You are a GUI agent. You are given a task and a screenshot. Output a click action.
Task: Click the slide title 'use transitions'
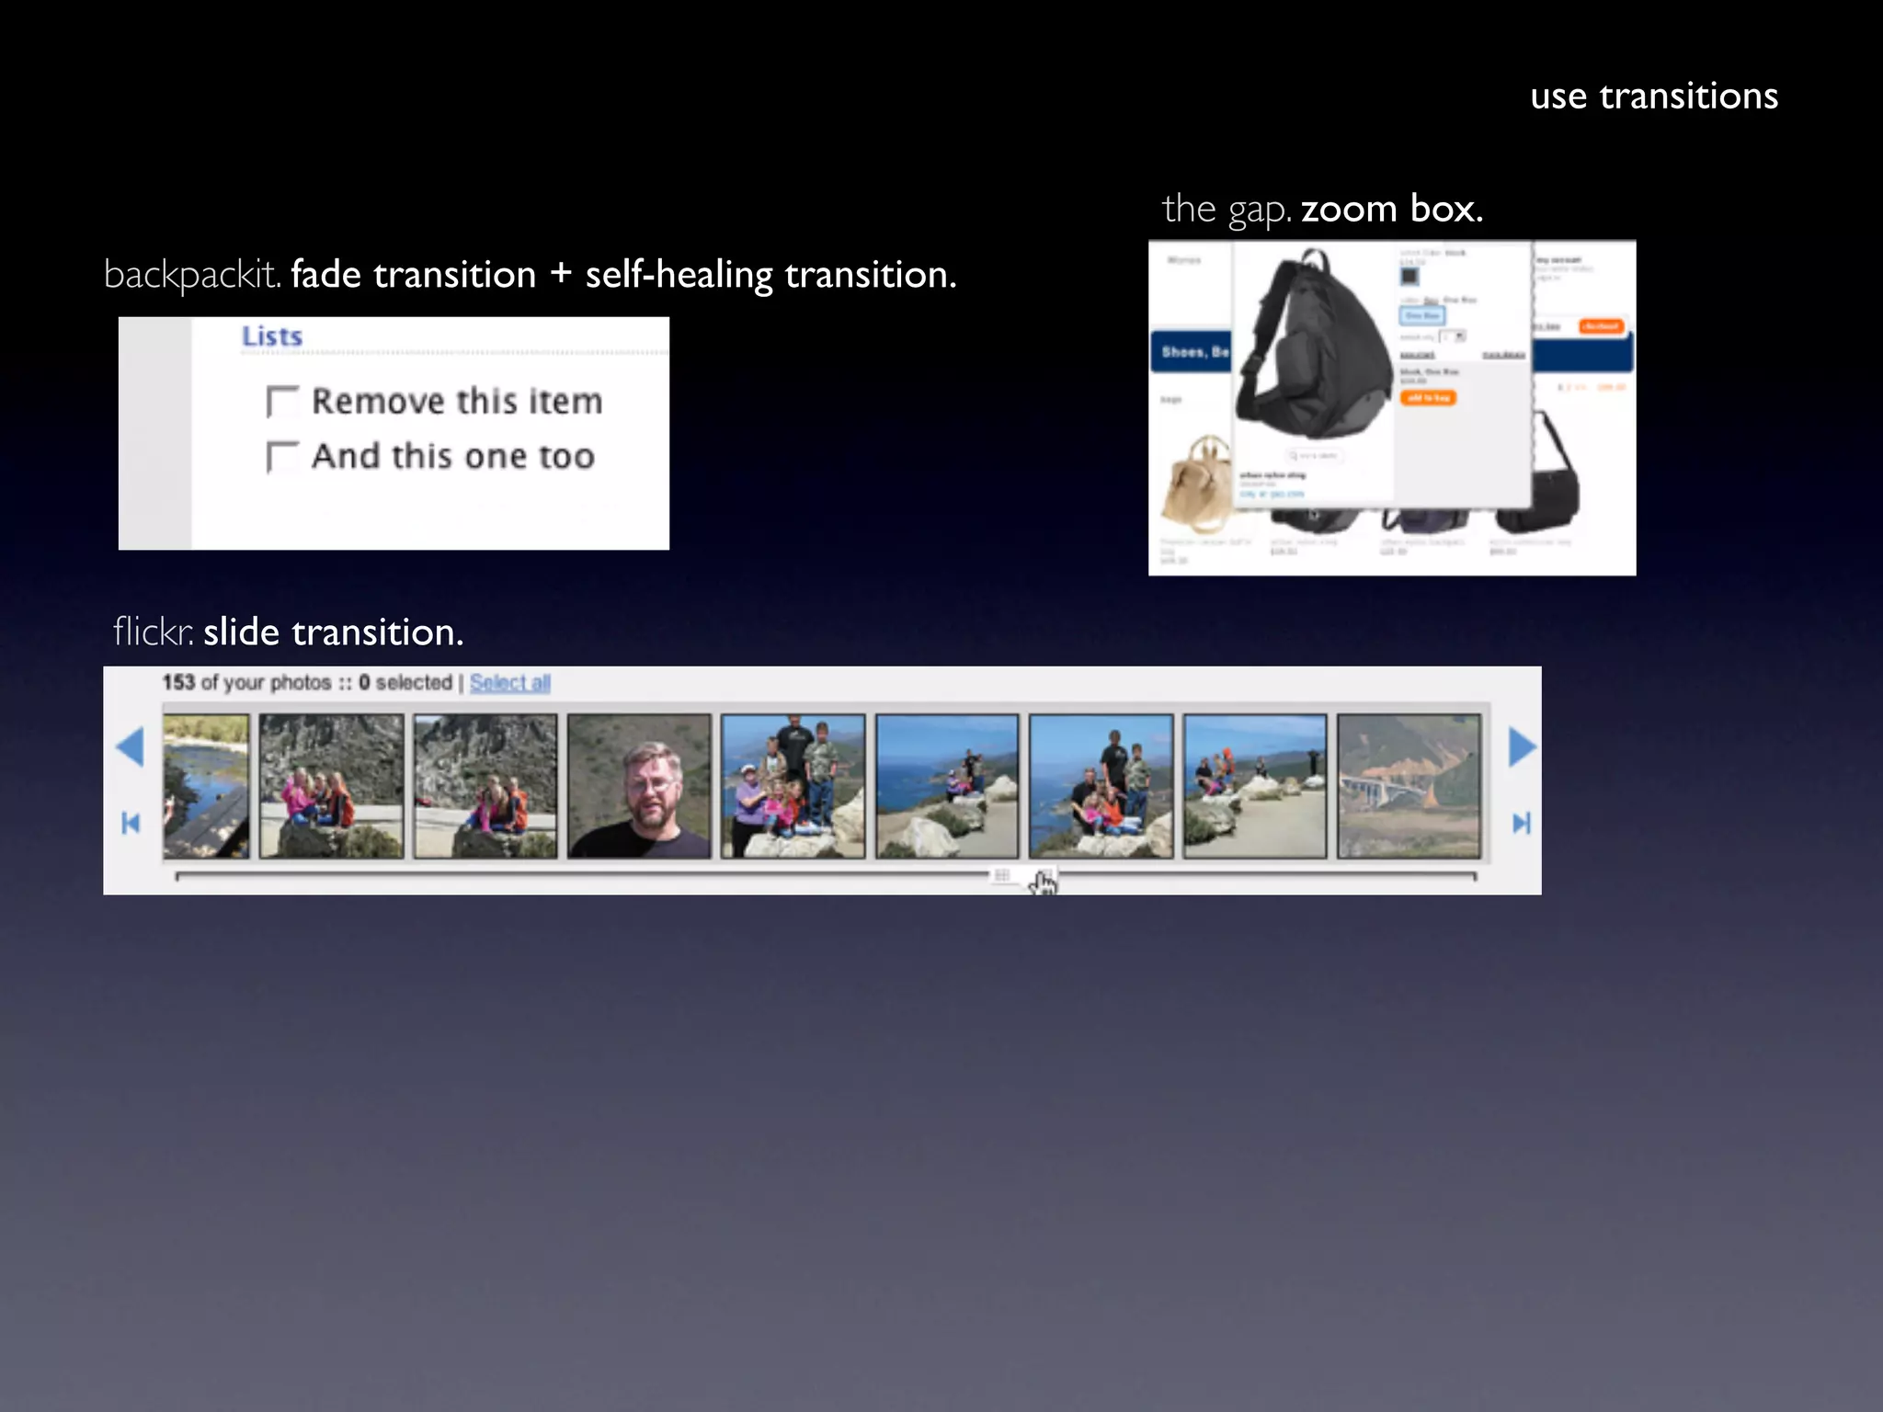click(x=1653, y=97)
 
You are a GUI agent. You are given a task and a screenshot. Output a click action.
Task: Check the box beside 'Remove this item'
click(x=281, y=402)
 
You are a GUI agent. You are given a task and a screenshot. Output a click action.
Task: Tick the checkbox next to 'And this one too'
click(x=281, y=457)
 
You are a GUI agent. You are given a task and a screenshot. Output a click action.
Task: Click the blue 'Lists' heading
click(x=272, y=336)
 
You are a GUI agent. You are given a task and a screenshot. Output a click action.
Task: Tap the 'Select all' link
click(x=509, y=683)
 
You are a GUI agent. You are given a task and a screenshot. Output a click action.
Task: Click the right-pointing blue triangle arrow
click(x=1522, y=746)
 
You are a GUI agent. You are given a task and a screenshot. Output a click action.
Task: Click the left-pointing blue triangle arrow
click(x=131, y=746)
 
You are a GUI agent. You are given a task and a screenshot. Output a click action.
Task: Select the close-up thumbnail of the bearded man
click(x=639, y=786)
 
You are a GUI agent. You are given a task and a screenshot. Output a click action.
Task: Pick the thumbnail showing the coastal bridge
click(x=1409, y=786)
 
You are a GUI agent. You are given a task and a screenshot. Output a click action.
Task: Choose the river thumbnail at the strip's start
click(x=206, y=786)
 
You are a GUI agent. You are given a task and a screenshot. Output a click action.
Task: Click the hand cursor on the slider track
click(x=1044, y=882)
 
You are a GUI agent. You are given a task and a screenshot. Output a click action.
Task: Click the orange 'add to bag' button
click(x=1428, y=398)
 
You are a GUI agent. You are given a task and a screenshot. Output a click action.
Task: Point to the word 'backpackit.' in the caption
click(x=192, y=275)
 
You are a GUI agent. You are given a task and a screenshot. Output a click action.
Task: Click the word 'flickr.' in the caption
click(x=153, y=632)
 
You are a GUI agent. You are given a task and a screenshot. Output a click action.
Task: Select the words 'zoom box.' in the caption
click(x=1391, y=210)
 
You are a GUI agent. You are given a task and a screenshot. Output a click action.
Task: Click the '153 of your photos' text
click(x=246, y=683)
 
